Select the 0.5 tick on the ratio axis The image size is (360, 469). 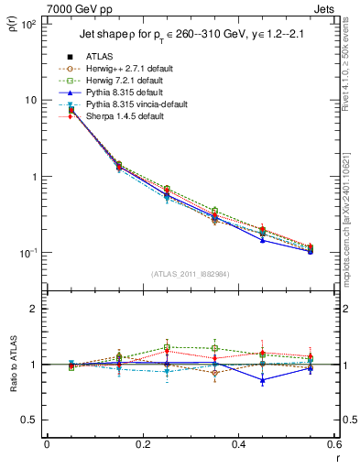tap(32, 420)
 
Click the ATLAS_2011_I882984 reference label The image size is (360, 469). tap(190, 274)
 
